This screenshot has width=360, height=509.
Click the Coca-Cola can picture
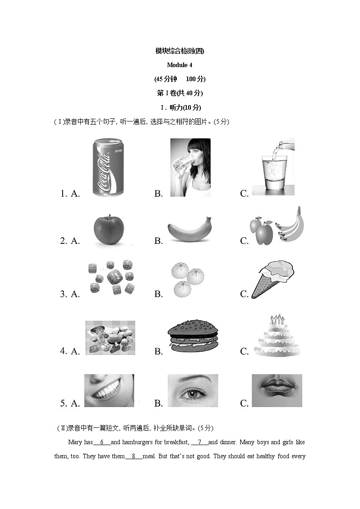coord(108,167)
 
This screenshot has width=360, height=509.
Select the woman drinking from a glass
coord(190,167)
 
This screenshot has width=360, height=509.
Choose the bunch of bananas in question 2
coord(290,225)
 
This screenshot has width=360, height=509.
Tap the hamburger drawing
coord(192,337)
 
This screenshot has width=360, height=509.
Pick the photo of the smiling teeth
coord(109,390)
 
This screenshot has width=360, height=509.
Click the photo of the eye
coord(193,390)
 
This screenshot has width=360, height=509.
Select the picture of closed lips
coord(277,390)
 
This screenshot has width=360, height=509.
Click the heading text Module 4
coord(180,65)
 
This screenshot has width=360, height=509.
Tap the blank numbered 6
coord(102,442)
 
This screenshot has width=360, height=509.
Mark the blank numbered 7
coord(199,442)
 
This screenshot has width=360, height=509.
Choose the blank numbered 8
coord(134,456)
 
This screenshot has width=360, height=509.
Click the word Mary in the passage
coord(74,442)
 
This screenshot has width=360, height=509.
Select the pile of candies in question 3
coord(111,277)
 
